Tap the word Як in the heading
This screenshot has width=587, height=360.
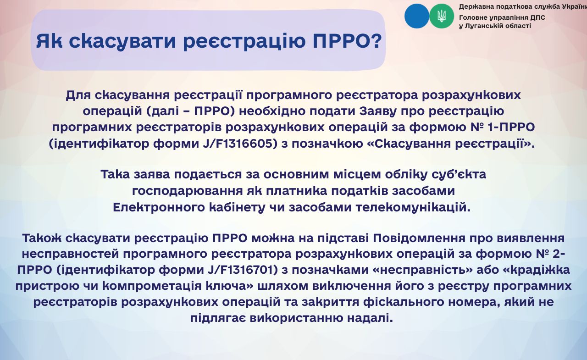[49, 41]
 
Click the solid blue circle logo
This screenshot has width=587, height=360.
[417, 16]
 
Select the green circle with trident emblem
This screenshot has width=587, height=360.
[442, 16]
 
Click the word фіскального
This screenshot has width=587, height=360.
[404, 302]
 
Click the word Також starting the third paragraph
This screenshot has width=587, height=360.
[42, 238]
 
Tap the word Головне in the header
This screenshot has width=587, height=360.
[472, 17]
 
